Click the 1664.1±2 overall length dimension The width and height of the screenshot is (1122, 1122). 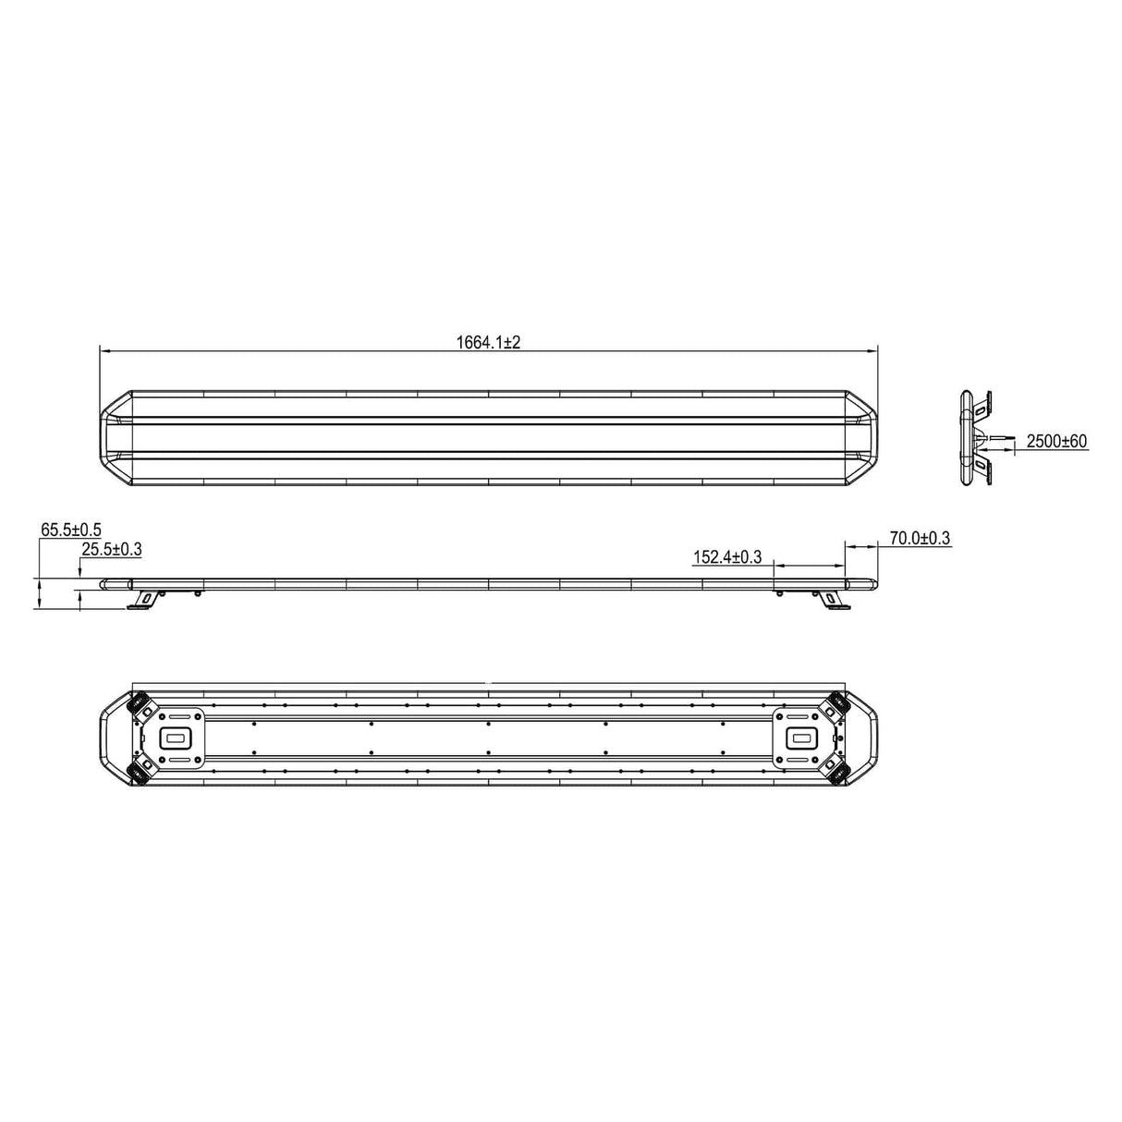pyautogui.click(x=488, y=342)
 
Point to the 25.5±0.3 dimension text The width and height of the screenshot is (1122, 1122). pyautogui.click(x=111, y=550)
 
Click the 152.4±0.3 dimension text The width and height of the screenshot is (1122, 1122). pyautogui.click(x=726, y=556)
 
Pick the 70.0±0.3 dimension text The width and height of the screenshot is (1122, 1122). pyautogui.click(x=919, y=538)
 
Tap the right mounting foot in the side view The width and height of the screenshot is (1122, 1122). pyautogui.click(x=834, y=600)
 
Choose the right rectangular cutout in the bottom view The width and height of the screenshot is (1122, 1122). pyautogui.click(x=800, y=737)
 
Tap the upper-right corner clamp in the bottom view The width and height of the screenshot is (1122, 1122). pyautogui.click(x=836, y=705)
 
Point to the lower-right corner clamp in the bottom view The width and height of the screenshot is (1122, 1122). pyautogui.click(x=836, y=770)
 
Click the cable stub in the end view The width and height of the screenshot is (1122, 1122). pyautogui.click(x=998, y=438)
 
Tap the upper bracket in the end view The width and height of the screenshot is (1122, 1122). pyautogui.click(x=985, y=403)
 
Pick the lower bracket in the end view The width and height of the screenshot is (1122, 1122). pyautogui.click(x=985, y=471)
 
